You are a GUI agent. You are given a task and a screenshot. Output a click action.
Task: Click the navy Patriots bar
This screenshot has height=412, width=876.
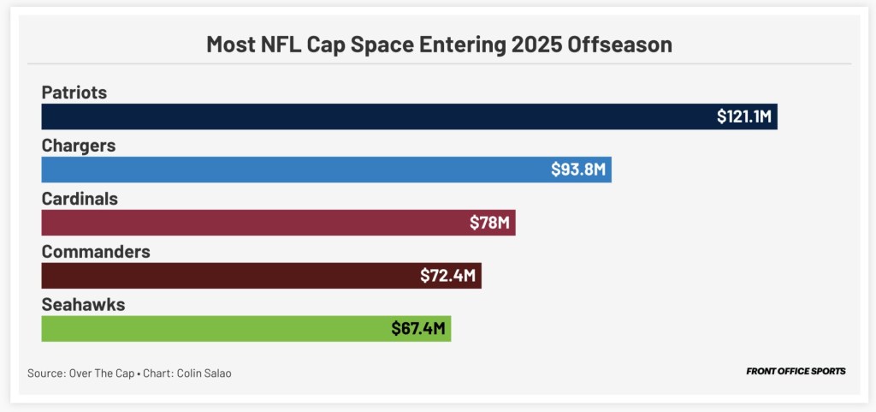(376, 116)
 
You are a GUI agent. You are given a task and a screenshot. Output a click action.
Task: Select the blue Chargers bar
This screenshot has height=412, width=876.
(291, 170)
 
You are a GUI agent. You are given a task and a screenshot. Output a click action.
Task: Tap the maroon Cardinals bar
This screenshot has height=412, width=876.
(248, 223)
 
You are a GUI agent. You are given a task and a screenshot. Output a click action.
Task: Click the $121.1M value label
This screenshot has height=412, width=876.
(744, 116)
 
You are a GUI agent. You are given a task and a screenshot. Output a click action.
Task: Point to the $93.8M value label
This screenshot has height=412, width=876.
(578, 170)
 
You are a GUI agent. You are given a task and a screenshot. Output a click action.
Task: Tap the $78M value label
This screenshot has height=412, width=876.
(490, 223)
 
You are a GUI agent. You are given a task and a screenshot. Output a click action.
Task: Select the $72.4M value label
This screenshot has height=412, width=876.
(448, 276)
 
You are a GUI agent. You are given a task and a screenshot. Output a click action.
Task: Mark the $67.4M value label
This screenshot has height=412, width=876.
(419, 329)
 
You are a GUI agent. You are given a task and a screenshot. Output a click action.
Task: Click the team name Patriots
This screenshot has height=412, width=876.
(74, 93)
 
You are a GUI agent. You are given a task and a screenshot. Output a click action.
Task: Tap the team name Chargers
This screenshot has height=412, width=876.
(79, 146)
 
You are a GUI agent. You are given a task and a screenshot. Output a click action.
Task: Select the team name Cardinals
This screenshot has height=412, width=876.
(80, 199)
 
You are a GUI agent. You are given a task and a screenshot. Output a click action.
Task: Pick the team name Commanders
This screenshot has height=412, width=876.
(96, 252)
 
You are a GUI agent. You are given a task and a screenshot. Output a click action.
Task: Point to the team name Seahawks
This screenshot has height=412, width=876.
(83, 305)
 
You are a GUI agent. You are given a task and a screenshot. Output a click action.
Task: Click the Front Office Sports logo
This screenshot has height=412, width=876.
(796, 372)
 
